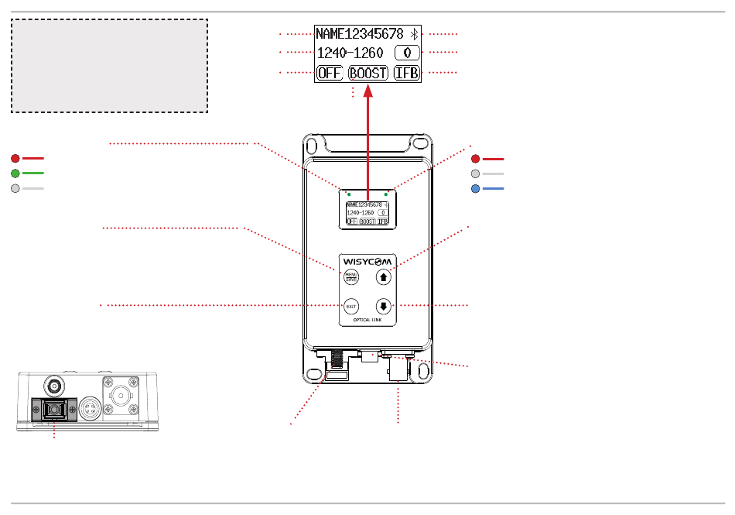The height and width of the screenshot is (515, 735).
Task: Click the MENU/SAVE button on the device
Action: coord(351,275)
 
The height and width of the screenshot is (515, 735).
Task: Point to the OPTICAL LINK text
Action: coord(367,319)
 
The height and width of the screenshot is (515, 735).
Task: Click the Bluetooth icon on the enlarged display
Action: coord(414,33)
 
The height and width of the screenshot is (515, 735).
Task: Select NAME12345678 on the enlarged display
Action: coord(359,33)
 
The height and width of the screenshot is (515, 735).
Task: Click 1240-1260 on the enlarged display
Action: coord(350,53)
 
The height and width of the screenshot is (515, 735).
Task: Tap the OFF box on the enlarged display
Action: coord(329,74)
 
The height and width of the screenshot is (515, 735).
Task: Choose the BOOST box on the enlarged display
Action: coord(367,74)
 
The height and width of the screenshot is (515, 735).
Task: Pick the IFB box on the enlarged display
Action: coord(406,74)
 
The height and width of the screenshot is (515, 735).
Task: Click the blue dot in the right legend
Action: coord(477,188)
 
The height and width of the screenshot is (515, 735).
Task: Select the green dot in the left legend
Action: coord(15,173)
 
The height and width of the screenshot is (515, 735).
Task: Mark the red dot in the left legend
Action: coord(15,158)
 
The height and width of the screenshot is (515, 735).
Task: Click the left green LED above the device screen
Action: coord(349,193)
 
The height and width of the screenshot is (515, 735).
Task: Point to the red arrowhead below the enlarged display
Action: coord(369,91)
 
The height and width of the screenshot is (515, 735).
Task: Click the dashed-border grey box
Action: coord(109,67)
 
